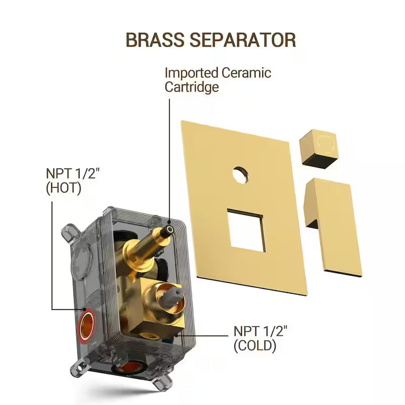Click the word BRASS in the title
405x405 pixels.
[x=154, y=40]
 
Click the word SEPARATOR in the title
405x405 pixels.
[x=243, y=40]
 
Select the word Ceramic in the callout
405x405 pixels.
[x=246, y=72]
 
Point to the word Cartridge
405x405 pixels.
[x=192, y=87]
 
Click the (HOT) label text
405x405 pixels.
[x=64, y=188]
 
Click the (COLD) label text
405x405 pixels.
[x=255, y=346]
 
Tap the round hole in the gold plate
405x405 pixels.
[x=240, y=175]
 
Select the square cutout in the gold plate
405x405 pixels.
[x=247, y=230]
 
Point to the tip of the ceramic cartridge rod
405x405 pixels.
[x=170, y=229]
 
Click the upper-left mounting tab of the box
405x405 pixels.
[x=69, y=232]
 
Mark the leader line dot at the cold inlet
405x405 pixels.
[x=177, y=336]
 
